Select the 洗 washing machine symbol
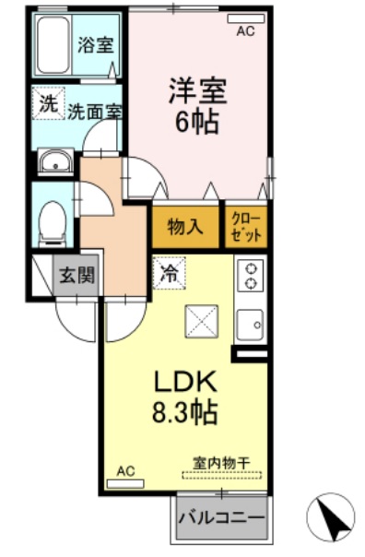46,102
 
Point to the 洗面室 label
95,111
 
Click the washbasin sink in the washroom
56,164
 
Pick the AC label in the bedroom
244,30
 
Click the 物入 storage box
185,227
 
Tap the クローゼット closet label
246,227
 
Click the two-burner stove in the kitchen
250,276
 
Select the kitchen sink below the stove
250,325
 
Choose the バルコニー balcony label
221,517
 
